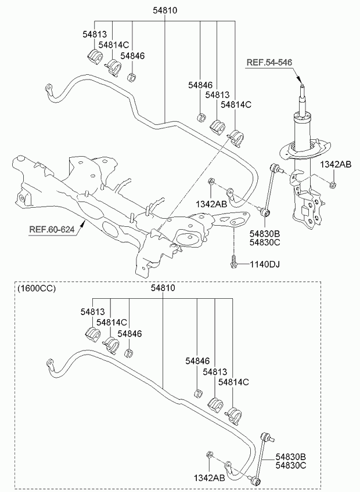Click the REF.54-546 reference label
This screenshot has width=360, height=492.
(269, 62)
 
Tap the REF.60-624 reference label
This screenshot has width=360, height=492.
(52, 230)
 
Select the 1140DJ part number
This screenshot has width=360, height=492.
(265, 265)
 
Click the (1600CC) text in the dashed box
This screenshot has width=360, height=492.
(37, 288)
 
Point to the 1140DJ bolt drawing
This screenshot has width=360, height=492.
(233, 262)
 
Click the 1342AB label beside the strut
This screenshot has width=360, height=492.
(336, 164)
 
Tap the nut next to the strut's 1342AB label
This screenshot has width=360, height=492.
(332, 185)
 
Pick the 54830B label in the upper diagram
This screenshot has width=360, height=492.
(265, 233)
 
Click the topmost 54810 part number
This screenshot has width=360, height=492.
(165, 10)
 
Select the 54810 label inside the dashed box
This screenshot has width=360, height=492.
(163, 288)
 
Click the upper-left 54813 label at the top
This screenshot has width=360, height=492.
(95, 34)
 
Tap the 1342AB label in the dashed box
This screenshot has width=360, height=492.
(209, 478)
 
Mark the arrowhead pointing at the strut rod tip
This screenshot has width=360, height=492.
(300, 80)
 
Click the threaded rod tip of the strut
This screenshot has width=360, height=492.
(302, 87)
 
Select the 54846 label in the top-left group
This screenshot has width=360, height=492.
(132, 56)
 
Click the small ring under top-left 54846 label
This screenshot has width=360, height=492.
(132, 77)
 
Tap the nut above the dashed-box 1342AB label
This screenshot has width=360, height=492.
(210, 454)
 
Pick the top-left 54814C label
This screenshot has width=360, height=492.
(114, 45)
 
